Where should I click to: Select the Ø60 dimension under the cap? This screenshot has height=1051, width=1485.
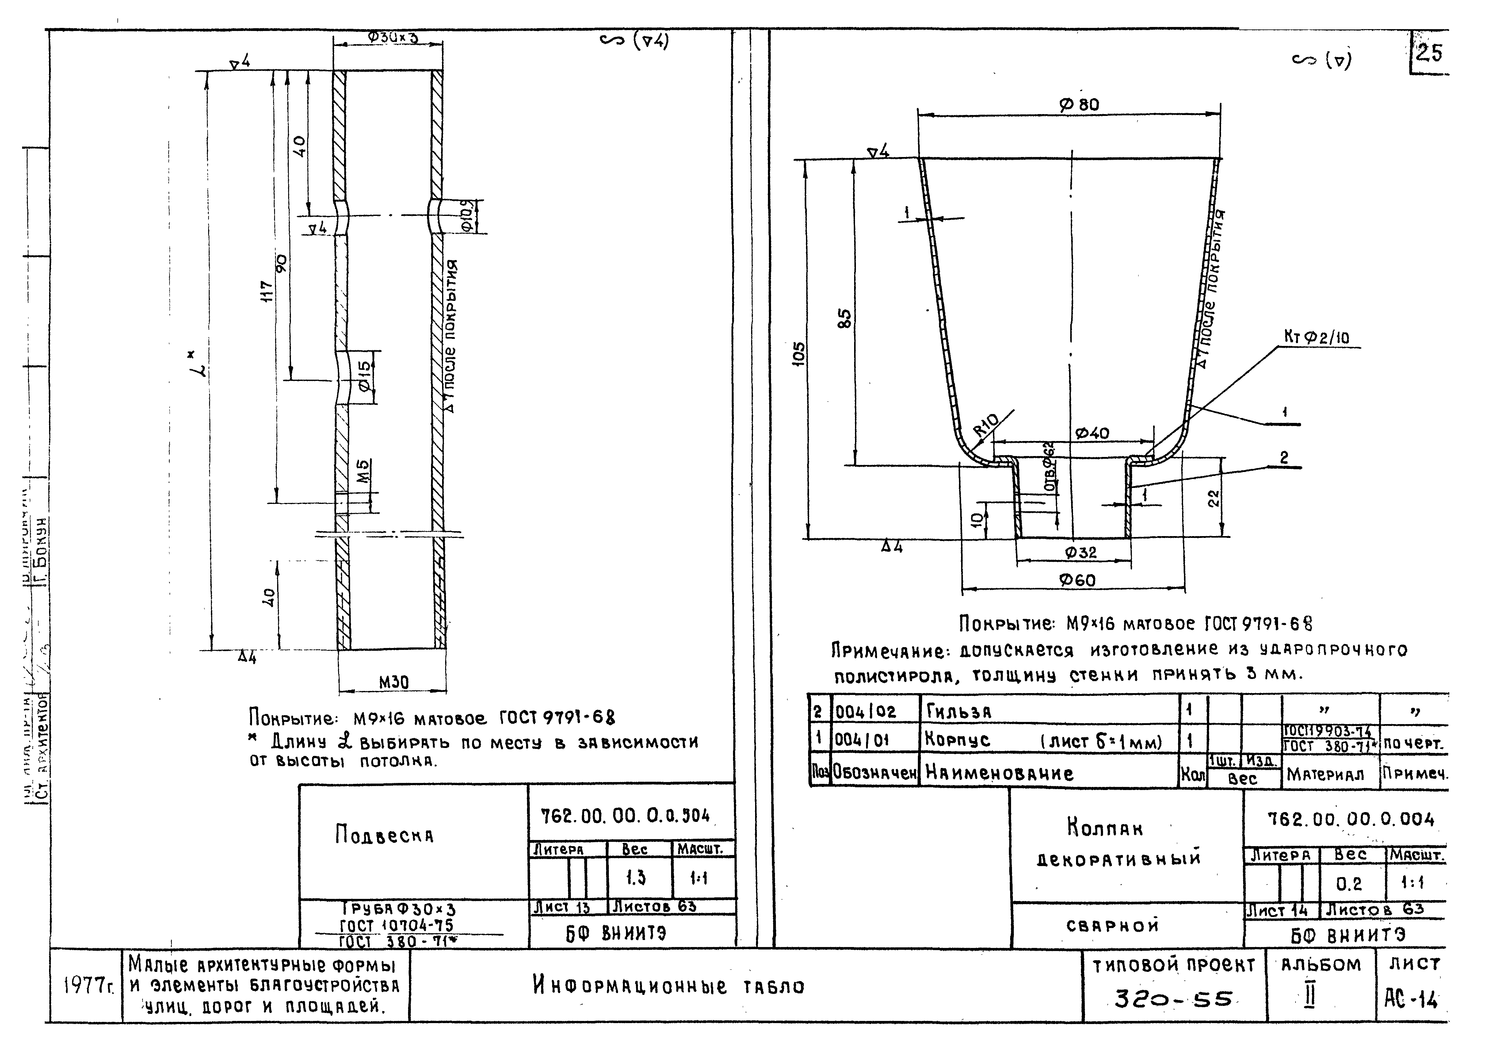1078,581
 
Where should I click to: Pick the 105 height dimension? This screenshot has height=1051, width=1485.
800,355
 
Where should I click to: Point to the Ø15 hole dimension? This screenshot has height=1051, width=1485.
364,376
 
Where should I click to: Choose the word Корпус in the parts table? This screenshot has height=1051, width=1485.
957,740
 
